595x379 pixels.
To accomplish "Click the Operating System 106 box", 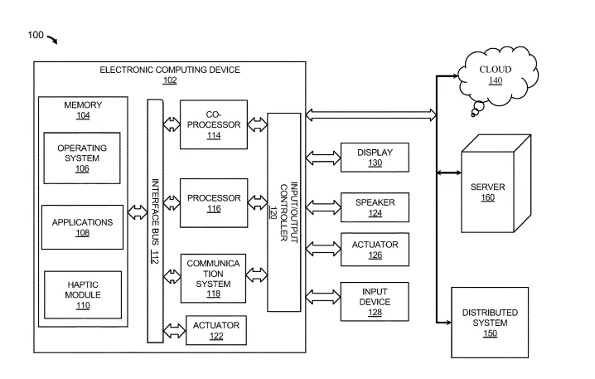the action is click(82, 158).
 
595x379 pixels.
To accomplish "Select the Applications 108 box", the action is click(82, 227).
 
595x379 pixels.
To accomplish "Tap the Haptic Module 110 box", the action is click(83, 294).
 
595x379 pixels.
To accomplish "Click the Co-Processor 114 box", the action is click(214, 124).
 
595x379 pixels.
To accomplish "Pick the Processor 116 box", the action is click(214, 203).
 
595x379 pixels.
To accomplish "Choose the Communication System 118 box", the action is click(213, 279).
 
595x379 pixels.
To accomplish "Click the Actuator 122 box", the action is click(216, 330).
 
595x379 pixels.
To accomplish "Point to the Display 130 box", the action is click(375, 158).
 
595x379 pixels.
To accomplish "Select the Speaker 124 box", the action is click(375, 207).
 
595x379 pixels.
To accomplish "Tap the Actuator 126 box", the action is click(375, 250).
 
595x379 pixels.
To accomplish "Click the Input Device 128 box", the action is click(375, 302).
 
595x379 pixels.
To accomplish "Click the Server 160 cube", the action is click(496, 183).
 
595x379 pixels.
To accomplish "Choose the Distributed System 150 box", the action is click(490, 323).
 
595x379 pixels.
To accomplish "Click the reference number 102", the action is click(170, 80).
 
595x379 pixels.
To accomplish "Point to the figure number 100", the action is click(36, 35).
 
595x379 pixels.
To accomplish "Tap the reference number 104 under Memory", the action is click(83, 115).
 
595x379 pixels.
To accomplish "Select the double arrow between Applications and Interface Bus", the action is click(138, 212).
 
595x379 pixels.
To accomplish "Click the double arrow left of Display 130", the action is click(323, 158).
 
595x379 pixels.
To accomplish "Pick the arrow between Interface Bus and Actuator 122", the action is click(175, 330).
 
